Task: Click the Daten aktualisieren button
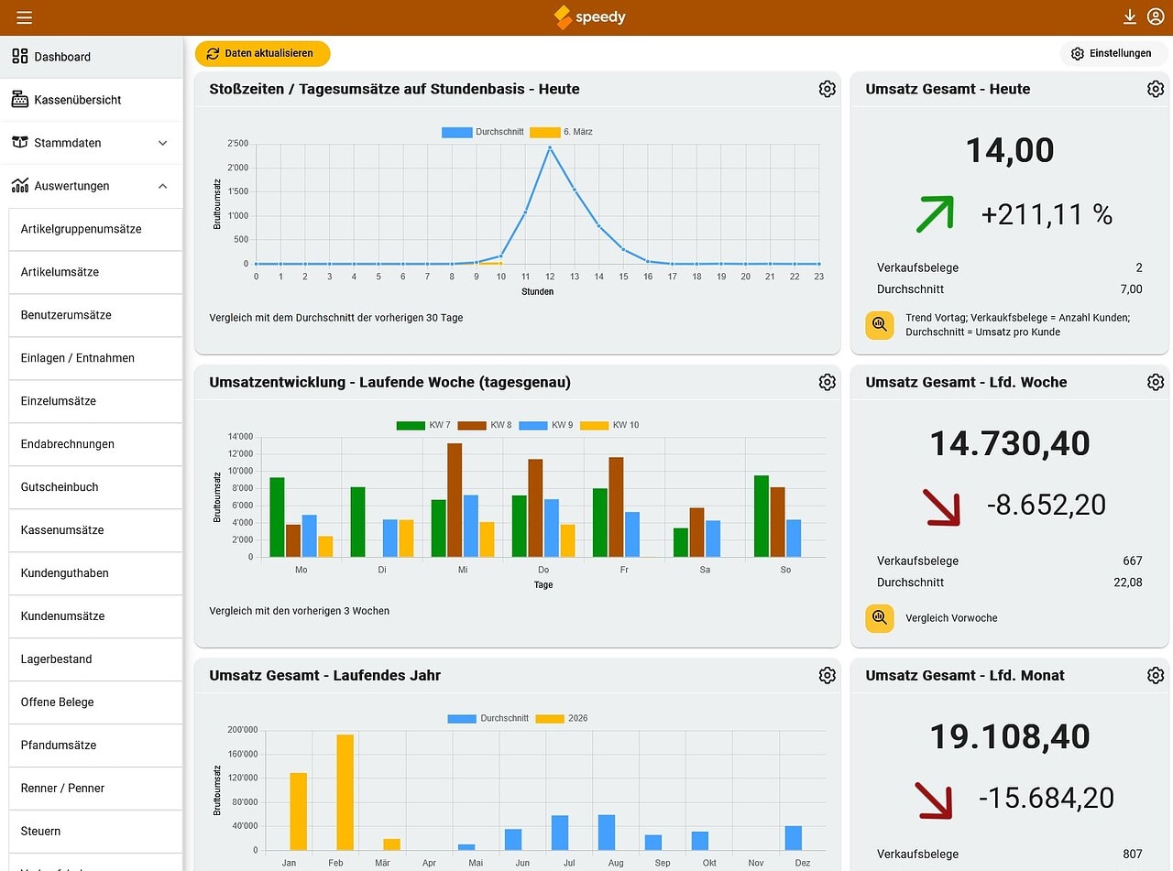[262, 53]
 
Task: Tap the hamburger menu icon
[25, 17]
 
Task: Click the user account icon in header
[1155, 17]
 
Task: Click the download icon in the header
[1130, 17]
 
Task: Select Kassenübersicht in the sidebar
[78, 100]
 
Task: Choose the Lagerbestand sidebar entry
[57, 659]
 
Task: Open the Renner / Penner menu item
[62, 789]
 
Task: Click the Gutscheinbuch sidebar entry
[60, 487]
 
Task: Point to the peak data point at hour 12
[550, 147]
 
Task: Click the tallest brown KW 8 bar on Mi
[455, 500]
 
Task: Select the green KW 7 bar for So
[761, 516]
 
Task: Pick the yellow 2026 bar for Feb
[345, 791]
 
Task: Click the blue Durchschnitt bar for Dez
[793, 838]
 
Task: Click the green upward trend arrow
[935, 213]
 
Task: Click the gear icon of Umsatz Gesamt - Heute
[1155, 89]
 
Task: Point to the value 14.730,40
[1010, 443]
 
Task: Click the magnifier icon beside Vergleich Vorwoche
[880, 617]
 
